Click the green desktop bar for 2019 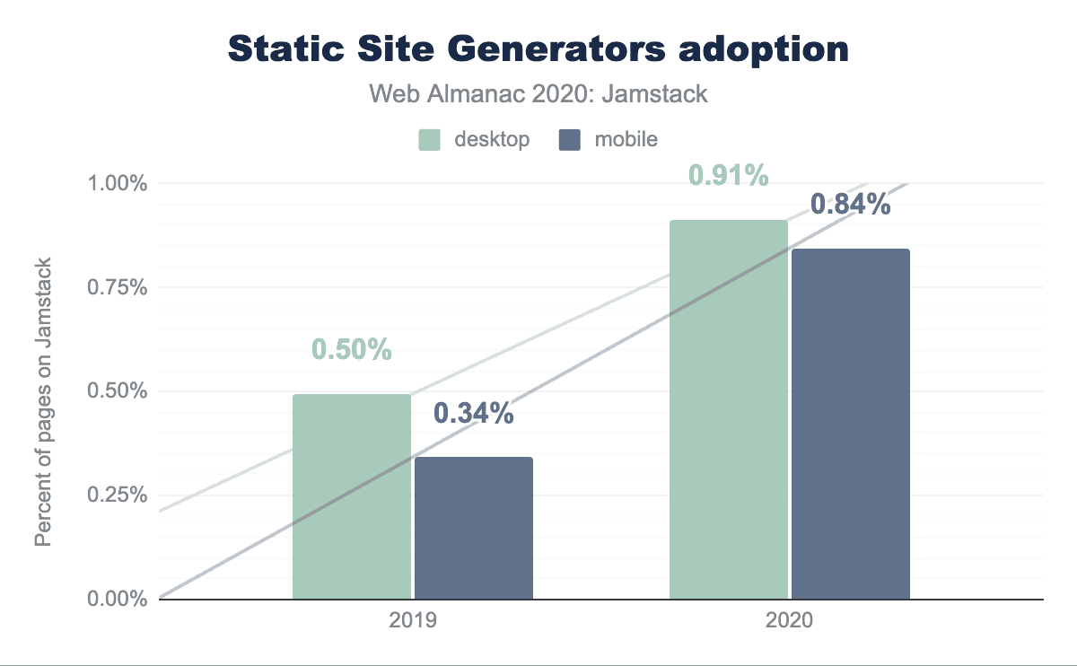(x=352, y=496)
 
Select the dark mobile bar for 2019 (x=474, y=528)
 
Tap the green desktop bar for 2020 (x=729, y=409)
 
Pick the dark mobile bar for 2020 (x=851, y=424)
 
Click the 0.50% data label (x=352, y=349)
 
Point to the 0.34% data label (x=474, y=413)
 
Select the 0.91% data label (x=729, y=175)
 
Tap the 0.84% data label (x=851, y=205)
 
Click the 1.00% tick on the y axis (x=117, y=184)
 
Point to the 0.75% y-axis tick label (x=117, y=287)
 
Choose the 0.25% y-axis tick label (x=117, y=495)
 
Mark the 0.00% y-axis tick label (x=117, y=599)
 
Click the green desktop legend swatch (x=429, y=140)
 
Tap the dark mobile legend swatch (x=569, y=140)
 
